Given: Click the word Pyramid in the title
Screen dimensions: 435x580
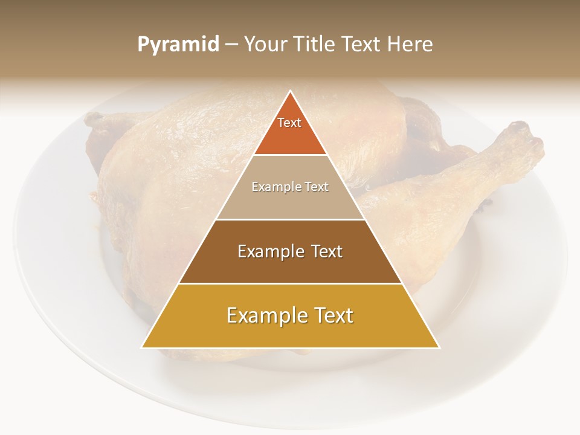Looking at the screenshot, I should coord(178,45).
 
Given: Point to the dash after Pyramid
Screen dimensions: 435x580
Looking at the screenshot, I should coord(231,45).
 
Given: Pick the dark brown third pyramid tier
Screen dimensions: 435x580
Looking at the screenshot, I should coord(290,266).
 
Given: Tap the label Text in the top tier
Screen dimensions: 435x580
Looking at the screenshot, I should coord(289,123).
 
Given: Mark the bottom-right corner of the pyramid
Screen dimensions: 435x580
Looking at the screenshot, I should coord(439,347).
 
